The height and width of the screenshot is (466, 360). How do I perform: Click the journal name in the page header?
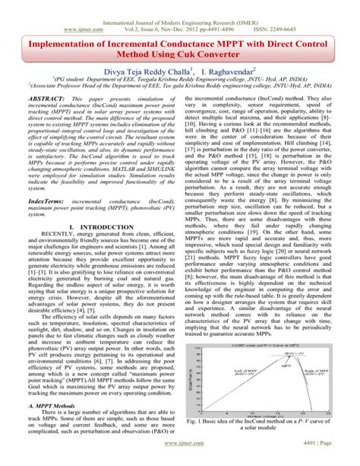pos(179,5)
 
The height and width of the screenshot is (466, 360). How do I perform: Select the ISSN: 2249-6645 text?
pos(315,14)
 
